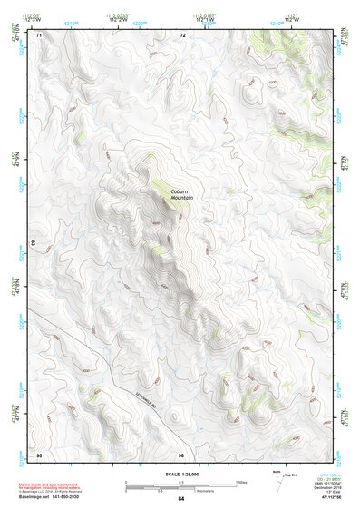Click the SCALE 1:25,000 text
180,474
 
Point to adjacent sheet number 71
38,35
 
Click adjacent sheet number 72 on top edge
182,35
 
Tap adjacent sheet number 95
38,454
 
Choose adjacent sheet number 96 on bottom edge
181,454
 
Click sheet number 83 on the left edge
33,245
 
